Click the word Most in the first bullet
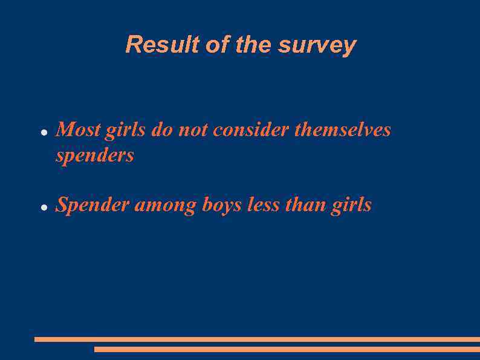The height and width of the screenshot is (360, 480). click(x=78, y=129)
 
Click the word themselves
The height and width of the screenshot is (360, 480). click(x=342, y=129)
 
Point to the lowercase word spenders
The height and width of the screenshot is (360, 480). click(x=95, y=156)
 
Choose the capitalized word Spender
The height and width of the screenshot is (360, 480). click(x=92, y=206)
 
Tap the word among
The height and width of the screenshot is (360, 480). click(x=165, y=206)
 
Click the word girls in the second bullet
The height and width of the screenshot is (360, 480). click(x=351, y=206)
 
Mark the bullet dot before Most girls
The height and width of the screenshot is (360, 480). click(x=44, y=132)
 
